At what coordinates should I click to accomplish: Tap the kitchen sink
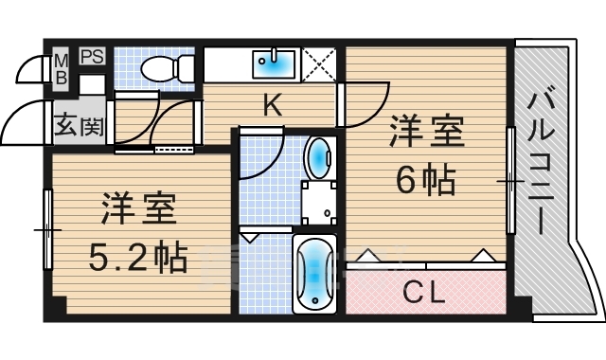tap(276, 63)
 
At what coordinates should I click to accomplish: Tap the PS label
tap(92, 56)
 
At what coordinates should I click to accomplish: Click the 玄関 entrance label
tap(78, 124)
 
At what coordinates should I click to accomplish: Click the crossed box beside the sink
tap(319, 64)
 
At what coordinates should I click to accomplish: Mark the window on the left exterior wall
tap(47, 230)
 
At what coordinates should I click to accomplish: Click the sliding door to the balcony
tap(510, 180)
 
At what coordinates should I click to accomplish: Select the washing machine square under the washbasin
tap(319, 201)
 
